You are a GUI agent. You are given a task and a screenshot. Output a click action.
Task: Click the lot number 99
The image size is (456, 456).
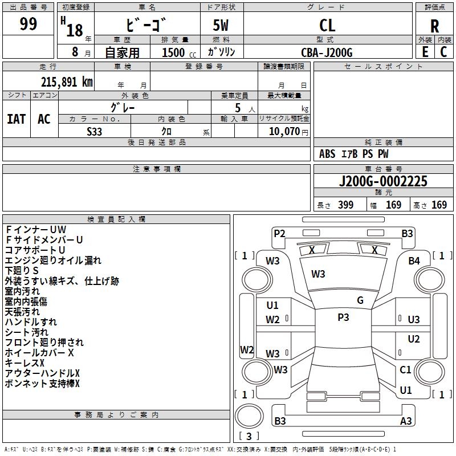(28, 24)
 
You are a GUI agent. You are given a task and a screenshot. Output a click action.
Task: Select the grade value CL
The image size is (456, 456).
(327, 25)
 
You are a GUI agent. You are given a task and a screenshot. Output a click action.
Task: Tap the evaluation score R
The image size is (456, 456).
(434, 26)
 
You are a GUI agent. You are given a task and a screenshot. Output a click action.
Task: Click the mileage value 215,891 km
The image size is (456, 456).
(67, 82)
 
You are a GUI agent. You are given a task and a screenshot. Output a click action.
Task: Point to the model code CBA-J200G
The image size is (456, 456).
(327, 52)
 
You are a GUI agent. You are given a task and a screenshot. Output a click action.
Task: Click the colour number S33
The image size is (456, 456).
(95, 131)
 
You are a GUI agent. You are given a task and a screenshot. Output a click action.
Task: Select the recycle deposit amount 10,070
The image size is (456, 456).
(283, 131)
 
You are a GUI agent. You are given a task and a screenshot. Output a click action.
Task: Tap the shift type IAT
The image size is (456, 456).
(16, 119)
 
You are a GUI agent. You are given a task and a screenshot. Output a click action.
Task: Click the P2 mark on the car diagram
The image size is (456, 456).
(279, 233)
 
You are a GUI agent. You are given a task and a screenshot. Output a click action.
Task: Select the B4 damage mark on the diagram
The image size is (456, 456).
(414, 261)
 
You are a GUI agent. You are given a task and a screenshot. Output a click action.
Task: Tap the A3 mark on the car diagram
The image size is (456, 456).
(406, 421)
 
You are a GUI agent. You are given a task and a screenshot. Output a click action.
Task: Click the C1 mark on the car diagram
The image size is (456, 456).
(405, 370)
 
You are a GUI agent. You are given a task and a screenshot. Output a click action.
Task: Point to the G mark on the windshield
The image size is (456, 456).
(360, 300)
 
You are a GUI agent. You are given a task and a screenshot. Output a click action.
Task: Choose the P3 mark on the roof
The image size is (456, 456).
(343, 317)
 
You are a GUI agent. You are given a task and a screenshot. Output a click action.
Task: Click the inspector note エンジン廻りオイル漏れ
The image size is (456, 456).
(53, 260)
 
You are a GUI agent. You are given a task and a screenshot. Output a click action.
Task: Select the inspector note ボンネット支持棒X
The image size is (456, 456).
(42, 384)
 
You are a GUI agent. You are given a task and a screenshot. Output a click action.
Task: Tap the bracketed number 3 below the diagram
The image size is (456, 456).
(249, 437)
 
